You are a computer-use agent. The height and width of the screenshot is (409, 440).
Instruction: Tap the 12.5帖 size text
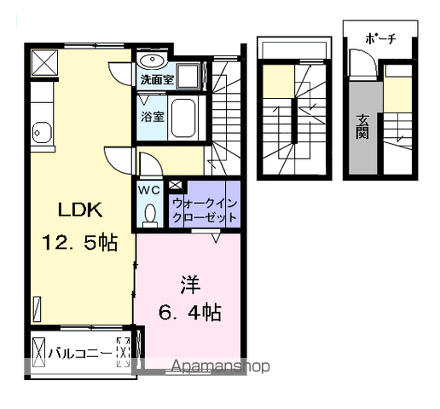[x=80, y=242]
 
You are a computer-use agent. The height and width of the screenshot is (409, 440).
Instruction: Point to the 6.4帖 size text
[x=188, y=312]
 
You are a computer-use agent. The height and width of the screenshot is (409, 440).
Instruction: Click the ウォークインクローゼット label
[x=205, y=210]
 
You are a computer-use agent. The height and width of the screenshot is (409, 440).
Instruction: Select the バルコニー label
[x=78, y=351]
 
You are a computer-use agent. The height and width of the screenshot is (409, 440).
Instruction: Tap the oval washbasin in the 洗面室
[x=154, y=61]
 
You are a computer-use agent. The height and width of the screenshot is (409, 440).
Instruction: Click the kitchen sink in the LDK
[x=40, y=131]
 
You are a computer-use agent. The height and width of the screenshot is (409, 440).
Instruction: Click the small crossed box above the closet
[x=175, y=185]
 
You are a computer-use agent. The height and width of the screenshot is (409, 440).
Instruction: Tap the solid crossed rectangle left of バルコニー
[x=38, y=350]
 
